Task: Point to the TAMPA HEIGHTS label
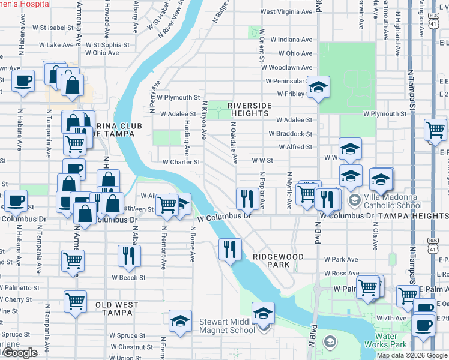point(399,215)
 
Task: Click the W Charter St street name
point(181,161)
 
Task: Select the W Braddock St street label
point(294,135)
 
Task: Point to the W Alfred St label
point(295,147)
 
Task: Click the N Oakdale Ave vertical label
point(234,142)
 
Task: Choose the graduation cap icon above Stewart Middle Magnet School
point(262,313)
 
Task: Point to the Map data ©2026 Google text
point(412,355)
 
